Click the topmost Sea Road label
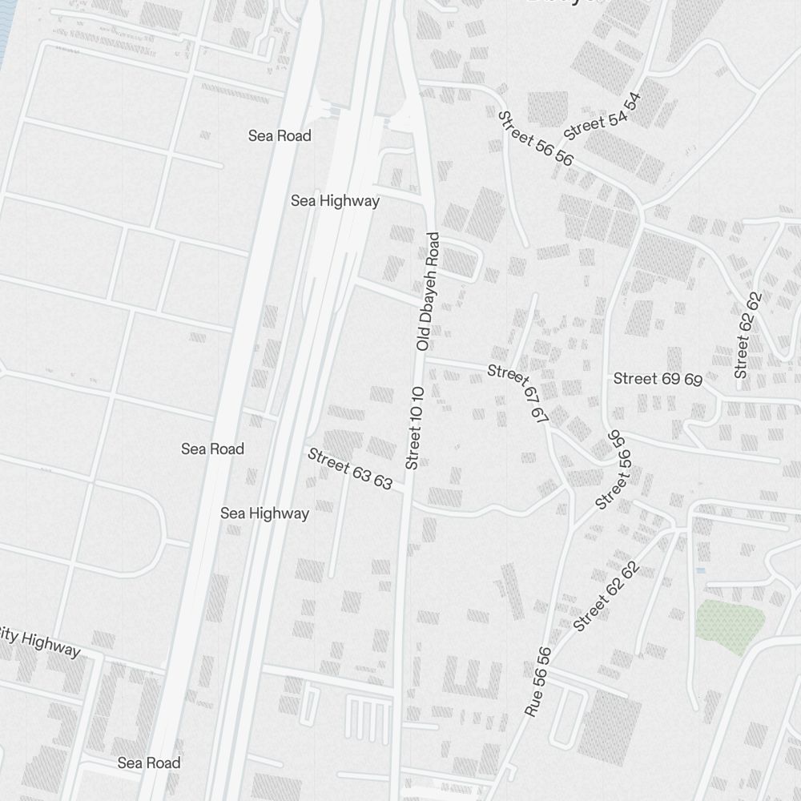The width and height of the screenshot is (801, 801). point(280,135)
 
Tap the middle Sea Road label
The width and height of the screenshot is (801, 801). point(212,449)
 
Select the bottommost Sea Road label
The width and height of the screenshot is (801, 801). point(149,763)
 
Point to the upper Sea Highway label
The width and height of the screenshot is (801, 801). point(335,200)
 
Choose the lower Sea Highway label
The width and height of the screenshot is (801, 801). point(264,513)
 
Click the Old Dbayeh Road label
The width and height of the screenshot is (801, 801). point(429,292)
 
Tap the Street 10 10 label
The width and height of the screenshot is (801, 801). point(414,428)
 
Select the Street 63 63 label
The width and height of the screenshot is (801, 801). point(350,469)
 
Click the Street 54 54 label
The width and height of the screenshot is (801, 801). point(603,117)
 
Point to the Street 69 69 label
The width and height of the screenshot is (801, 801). point(658,379)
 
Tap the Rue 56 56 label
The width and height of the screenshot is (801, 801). point(537,682)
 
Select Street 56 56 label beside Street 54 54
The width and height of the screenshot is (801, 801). point(535,139)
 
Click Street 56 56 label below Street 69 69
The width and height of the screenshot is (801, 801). point(616,469)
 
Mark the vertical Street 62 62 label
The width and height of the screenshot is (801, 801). point(747,336)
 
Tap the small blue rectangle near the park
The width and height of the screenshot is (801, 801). point(701,570)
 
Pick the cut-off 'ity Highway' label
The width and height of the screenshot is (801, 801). point(40,642)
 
